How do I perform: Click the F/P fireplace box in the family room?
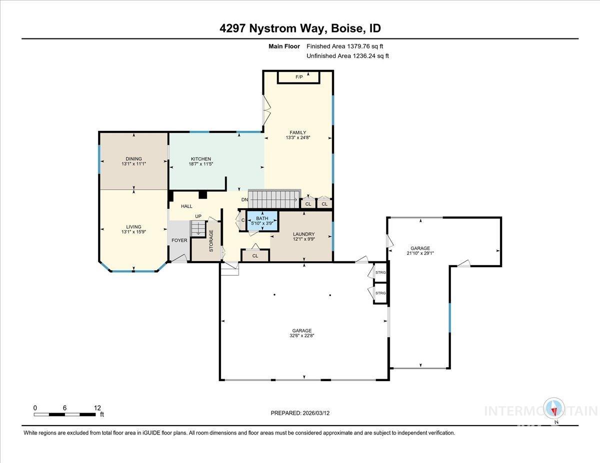(x=299, y=77)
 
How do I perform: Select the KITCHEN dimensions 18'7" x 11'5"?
(x=200, y=164)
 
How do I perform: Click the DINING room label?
(x=133, y=159)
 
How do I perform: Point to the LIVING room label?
(x=133, y=227)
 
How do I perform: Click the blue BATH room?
(x=262, y=221)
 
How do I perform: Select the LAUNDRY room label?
(x=303, y=234)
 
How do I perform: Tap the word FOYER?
(x=179, y=240)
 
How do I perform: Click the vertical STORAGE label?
(x=211, y=240)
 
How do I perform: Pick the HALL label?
(x=186, y=206)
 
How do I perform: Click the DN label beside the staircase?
(x=244, y=200)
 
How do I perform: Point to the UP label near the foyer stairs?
(x=198, y=216)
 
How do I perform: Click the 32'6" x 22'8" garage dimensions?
(x=302, y=336)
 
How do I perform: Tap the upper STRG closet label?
(x=381, y=273)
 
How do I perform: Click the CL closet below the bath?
(x=255, y=256)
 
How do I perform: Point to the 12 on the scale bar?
(x=97, y=408)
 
